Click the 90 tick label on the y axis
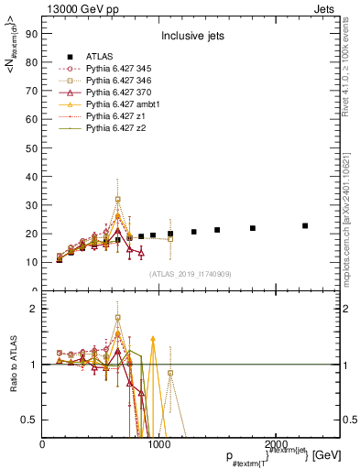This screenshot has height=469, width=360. [x=30, y=35]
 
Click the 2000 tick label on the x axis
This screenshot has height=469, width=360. [x=273, y=444]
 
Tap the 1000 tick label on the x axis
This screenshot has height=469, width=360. [x=158, y=444]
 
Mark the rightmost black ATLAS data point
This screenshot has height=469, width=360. [x=305, y=225]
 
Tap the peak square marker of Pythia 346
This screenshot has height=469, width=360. [x=118, y=199]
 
